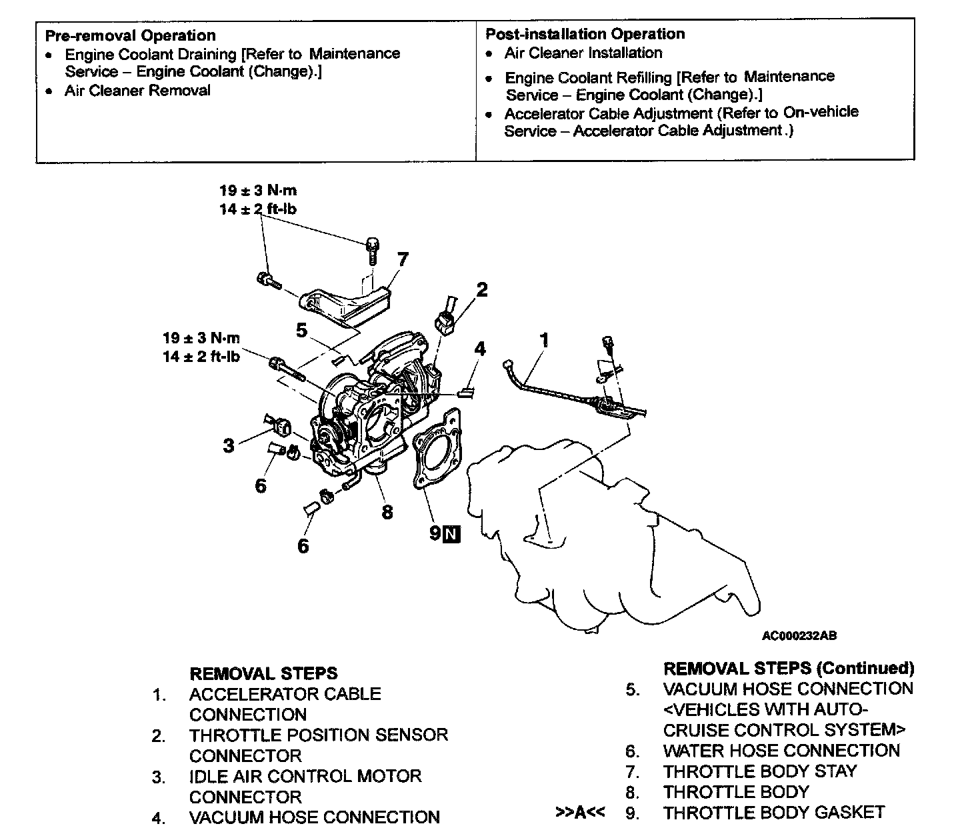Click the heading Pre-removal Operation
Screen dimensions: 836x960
coord(130,35)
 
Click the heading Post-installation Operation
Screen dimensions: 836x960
coord(585,34)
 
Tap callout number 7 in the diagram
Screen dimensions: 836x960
coord(403,259)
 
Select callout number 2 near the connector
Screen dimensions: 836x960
coord(481,289)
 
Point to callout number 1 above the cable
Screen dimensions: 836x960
coord(545,340)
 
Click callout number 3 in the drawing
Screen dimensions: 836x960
coord(229,445)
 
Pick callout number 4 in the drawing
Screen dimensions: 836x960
coord(480,349)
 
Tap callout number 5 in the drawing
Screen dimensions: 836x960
coord(302,330)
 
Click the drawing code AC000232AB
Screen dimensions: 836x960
coord(799,635)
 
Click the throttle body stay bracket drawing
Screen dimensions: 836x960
coord(343,303)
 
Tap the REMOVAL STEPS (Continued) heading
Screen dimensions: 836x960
coord(789,668)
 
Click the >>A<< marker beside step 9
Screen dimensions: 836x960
coord(580,813)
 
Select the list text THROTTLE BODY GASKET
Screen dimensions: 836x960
coord(773,813)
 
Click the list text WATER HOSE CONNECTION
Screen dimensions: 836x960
coord(781,751)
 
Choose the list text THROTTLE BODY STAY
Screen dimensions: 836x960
coord(760,771)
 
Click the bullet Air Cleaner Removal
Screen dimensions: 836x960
coord(137,91)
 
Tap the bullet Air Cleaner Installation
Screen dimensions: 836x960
coord(583,53)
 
